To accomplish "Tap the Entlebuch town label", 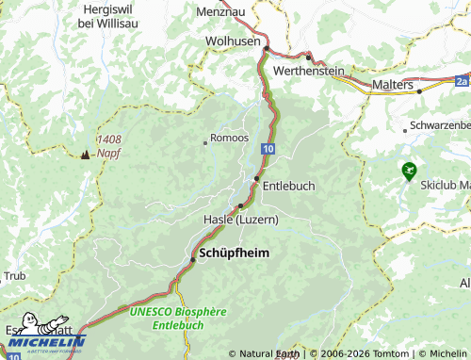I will tap(288, 186).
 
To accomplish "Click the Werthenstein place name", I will tap(309, 71).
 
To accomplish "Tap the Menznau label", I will tap(220, 11).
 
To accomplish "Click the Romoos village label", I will tap(230, 138).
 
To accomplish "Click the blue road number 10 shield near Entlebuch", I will tap(269, 148).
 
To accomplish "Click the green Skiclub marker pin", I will tap(408, 171).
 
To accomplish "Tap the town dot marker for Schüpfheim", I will tap(192, 259).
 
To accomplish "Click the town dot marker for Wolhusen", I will tap(267, 49).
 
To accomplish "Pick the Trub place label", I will tap(14, 276).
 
